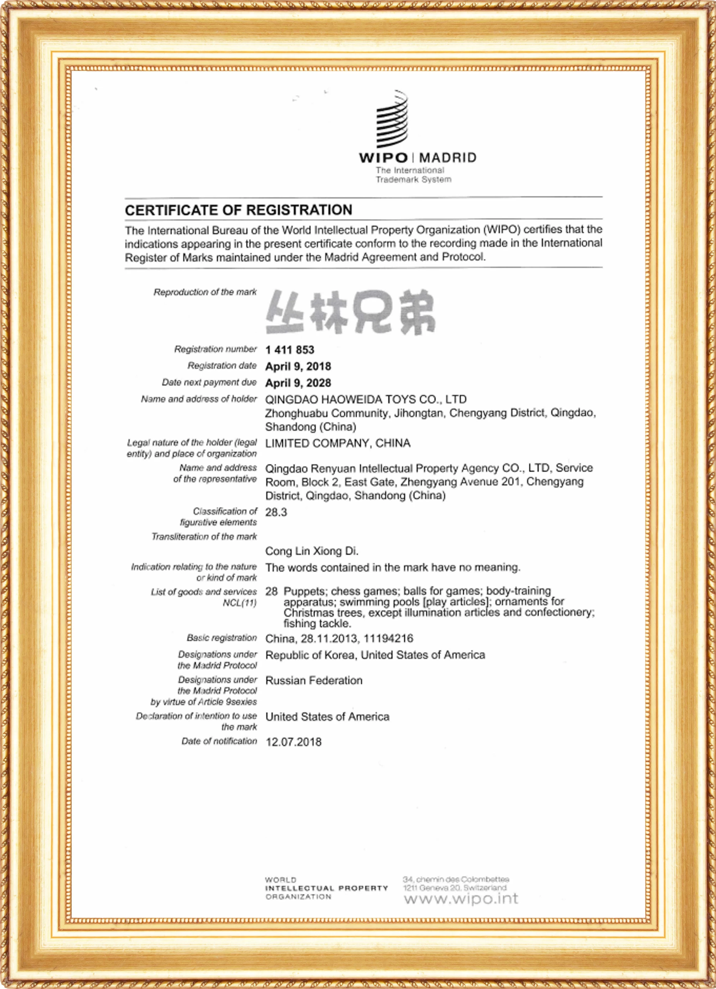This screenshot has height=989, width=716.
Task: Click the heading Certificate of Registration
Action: point(238,210)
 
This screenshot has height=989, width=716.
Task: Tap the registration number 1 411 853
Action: point(290,350)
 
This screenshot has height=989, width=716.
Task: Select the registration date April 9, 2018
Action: point(298,366)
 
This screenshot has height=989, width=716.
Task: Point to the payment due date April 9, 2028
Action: point(298,383)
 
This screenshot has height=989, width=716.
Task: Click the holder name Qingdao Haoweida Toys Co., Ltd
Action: point(366,399)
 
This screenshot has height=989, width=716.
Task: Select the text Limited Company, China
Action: point(338,443)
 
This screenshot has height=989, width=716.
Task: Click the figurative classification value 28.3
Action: point(276,512)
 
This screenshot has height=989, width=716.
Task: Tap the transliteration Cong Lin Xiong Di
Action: point(311,551)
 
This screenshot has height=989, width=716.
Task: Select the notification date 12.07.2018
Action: point(293,742)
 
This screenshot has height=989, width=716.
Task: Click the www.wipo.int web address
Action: point(461,899)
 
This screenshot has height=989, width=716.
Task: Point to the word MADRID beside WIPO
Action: point(448,157)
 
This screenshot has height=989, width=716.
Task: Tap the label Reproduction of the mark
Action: point(205,292)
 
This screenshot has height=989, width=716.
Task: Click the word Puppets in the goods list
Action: point(304,591)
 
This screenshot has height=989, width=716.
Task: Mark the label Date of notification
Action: point(219,741)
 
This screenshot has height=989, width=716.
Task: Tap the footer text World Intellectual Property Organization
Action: point(326,888)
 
